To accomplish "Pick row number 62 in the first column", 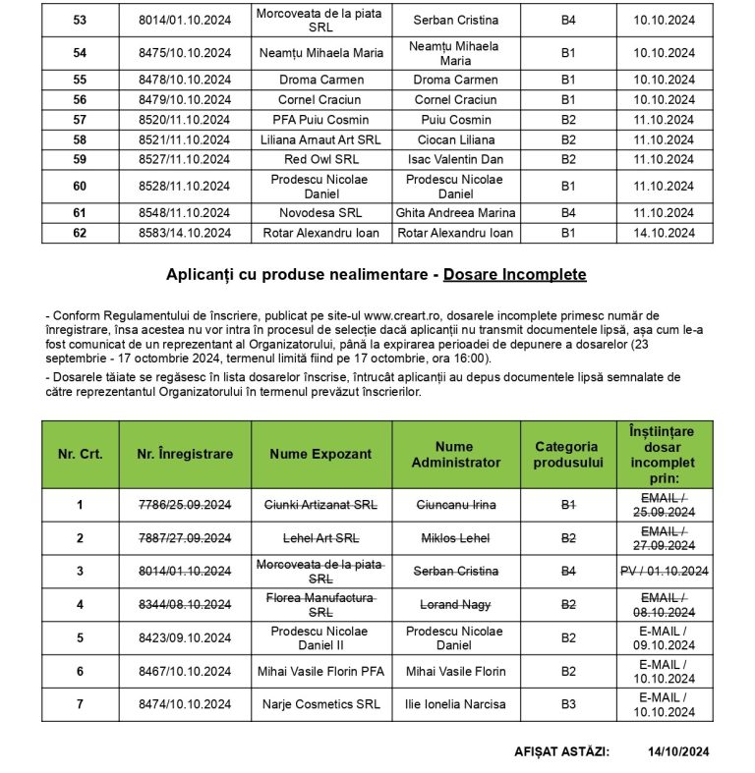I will coord(80,233).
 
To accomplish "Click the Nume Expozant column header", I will coord(320,454).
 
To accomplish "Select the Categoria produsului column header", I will coord(567,454).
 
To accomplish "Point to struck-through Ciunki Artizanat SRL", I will coord(320,505).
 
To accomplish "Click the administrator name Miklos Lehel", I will coord(455,538).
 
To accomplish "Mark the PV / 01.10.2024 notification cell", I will coord(664,571).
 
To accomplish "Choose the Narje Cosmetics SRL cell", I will coord(320,704).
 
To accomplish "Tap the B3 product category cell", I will coord(567,704).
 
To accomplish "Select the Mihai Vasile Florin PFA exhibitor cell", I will coord(320,671).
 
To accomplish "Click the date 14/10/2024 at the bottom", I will coord(678,751).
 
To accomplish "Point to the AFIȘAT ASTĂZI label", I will coord(560,751).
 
